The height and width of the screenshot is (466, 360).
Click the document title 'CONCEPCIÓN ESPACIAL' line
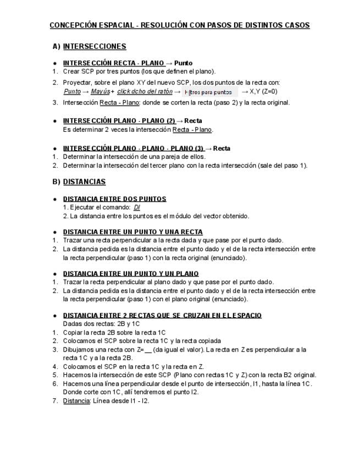[x=179, y=25]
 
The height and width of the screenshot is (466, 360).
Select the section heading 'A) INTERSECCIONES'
[x=90, y=46]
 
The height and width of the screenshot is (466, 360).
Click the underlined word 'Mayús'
[x=100, y=91]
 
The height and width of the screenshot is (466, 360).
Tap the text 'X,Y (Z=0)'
[x=263, y=91]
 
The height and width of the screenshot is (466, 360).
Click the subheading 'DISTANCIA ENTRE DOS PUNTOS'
[x=115, y=199]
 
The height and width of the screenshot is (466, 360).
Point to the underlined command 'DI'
[x=137, y=207]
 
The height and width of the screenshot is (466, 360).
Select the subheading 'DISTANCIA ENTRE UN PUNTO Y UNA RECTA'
[x=133, y=232]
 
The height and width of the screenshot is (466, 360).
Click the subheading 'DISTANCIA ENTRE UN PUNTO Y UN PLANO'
[x=131, y=274]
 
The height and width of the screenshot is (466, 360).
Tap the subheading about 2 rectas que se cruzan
[x=162, y=315]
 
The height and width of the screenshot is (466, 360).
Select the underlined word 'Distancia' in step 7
[x=76, y=401]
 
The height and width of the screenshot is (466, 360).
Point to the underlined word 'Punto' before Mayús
[x=73, y=91]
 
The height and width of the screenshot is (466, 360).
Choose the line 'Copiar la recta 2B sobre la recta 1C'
[x=114, y=332]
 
